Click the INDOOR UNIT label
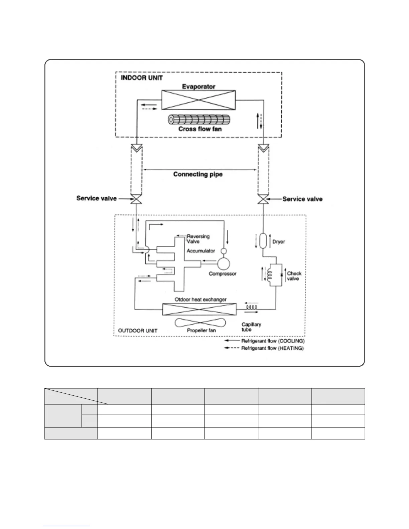tap(142, 78)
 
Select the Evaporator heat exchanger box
tap(198, 100)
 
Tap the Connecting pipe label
tap(198, 174)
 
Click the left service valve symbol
tap(136, 200)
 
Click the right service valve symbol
tap(264, 200)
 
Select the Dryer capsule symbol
tap(263, 241)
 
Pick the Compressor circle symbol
tap(224, 264)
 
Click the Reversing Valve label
tap(198, 239)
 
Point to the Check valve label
tap(294, 276)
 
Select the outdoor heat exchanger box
tap(199, 309)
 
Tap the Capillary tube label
tap(251, 327)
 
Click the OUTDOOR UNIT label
tap(138, 331)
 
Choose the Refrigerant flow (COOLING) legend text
tap(273, 341)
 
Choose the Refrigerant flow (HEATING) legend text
tap(272, 348)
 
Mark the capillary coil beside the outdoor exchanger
tap(251, 307)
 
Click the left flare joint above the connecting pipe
tap(136, 147)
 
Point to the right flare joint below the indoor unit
tap(264, 147)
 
